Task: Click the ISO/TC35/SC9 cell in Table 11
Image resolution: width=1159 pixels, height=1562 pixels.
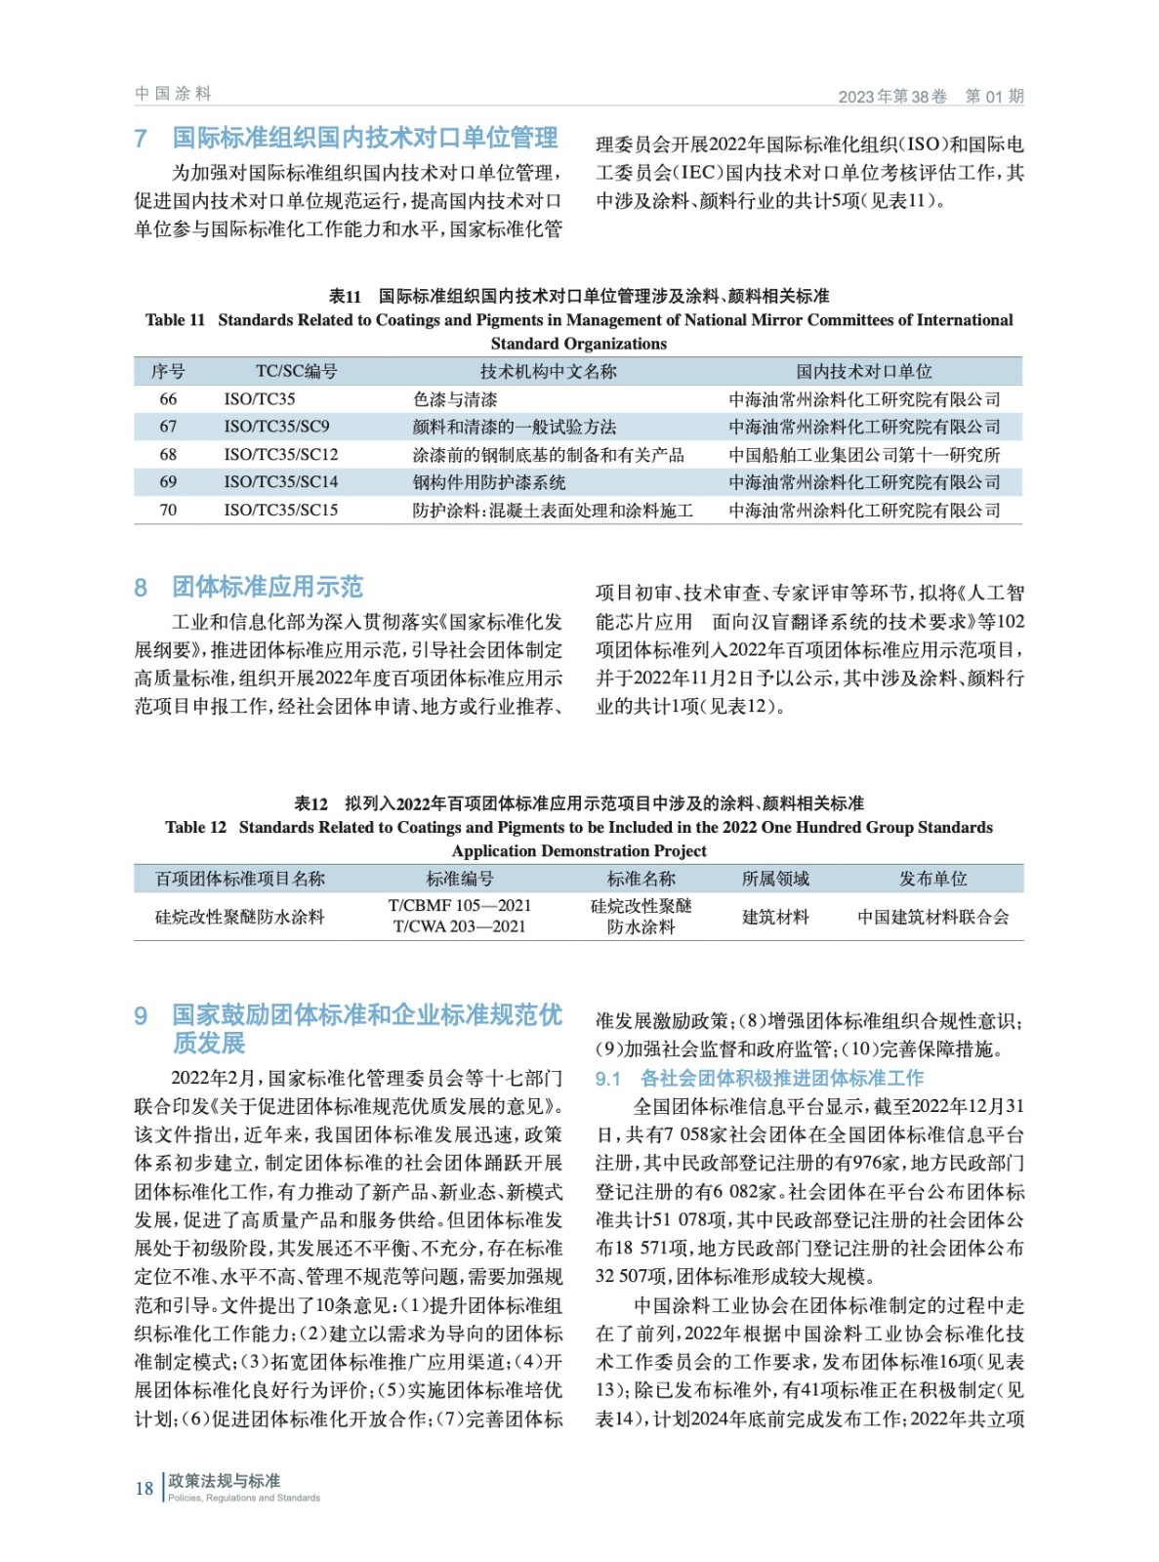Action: point(276,427)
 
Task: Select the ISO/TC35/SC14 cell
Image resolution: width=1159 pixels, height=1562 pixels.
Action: point(280,482)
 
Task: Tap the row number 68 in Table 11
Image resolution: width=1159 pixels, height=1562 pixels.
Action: point(168,455)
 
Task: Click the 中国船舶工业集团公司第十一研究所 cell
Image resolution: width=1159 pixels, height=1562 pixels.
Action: point(864,455)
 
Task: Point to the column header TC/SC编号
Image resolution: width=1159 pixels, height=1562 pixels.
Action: point(296,371)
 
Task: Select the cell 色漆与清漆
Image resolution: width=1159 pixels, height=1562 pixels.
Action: point(455,399)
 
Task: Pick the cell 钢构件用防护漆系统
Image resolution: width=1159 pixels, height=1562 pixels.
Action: point(489,482)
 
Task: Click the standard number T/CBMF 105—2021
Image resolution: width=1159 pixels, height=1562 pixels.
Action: point(459,906)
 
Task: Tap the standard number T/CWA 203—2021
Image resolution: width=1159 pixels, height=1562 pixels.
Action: point(459,926)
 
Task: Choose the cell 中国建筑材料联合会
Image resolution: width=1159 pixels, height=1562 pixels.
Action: point(932,917)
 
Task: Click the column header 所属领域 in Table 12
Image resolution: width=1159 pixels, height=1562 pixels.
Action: point(775,879)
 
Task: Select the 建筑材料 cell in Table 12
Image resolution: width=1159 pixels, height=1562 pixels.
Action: point(775,917)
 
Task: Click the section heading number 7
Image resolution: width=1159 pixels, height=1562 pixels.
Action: point(141,139)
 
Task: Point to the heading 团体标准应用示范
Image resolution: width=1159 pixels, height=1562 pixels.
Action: point(268,587)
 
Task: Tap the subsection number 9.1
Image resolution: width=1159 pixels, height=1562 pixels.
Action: point(608,1079)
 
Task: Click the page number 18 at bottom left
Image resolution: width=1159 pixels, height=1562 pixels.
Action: point(144,1489)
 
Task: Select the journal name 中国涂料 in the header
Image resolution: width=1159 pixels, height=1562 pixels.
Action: point(173,94)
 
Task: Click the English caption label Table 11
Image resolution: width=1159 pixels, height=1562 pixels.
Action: point(175,320)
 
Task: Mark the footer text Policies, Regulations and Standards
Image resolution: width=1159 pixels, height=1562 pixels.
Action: point(243,1498)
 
